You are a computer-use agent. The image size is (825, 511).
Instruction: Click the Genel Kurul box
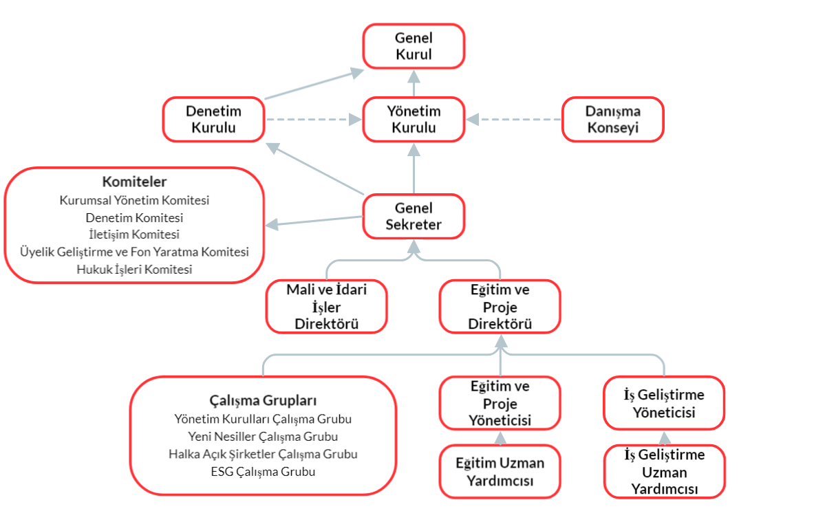click(x=414, y=46)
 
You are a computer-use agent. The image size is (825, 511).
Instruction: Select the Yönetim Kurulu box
click(x=414, y=120)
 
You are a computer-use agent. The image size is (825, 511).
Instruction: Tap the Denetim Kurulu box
click(x=214, y=120)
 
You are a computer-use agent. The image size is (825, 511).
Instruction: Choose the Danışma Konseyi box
click(x=612, y=120)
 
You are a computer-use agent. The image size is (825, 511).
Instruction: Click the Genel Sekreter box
click(x=414, y=217)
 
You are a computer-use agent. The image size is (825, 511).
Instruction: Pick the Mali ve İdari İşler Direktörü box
click(x=327, y=307)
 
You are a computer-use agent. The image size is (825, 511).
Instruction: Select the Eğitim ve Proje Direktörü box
click(x=500, y=307)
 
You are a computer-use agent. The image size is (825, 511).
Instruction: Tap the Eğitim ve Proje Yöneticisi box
click(x=500, y=404)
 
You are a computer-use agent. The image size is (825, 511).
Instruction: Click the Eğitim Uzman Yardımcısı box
click(x=500, y=472)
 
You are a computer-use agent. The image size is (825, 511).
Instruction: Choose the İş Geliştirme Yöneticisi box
click(x=664, y=404)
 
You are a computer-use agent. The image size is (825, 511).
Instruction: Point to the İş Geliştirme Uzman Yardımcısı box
click(x=664, y=472)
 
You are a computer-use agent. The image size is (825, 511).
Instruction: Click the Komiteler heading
click(x=134, y=182)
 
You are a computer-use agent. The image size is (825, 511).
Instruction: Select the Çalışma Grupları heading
click(x=263, y=400)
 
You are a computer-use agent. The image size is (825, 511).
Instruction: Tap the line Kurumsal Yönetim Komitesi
click(x=134, y=201)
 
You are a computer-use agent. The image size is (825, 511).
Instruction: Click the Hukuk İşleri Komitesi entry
click(x=134, y=270)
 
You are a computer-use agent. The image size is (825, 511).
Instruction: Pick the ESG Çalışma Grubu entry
click(x=263, y=472)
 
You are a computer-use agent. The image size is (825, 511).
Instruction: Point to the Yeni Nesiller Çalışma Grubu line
click(x=263, y=436)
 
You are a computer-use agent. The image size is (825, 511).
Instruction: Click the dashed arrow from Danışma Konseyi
click(x=514, y=120)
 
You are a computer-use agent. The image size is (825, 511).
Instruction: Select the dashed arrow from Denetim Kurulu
click(x=313, y=120)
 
